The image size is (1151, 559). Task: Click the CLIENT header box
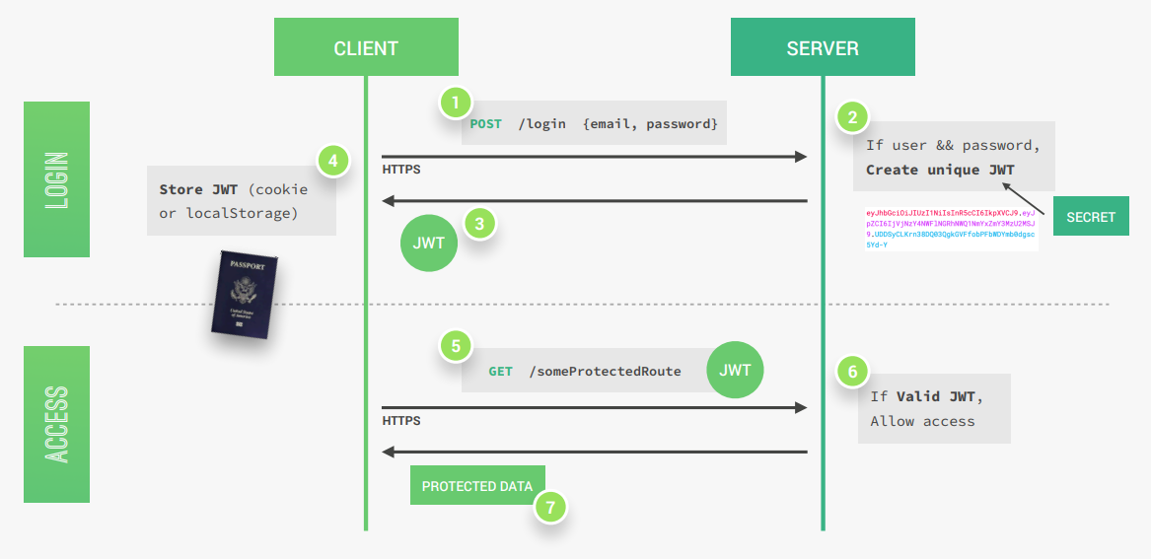coord(366,48)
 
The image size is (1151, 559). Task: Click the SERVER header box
coord(823,48)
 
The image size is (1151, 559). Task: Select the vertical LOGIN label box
coord(56,179)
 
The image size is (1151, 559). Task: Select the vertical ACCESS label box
coord(56,424)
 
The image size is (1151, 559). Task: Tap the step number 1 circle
coord(455,102)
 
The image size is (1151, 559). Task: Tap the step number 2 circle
coord(853,116)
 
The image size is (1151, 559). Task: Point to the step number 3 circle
coord(479,224)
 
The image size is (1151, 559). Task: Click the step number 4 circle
coord(334,160)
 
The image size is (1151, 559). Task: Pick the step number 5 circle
coord(455,346)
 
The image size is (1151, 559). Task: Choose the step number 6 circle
coord(853,372)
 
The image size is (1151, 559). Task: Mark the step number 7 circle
coord(550,508)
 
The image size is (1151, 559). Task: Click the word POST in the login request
coord(485,124)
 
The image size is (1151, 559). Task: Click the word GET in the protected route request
coord(500,372)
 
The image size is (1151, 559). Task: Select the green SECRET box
coord(1091,217)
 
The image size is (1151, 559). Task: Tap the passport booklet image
coord(244,293)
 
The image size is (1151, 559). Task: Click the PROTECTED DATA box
coord(477,486)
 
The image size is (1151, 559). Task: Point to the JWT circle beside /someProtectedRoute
coord(736,370)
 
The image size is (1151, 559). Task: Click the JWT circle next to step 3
coord(429,243)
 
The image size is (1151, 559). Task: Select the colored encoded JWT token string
coord(950,229)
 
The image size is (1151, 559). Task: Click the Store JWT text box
coord(242,200)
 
